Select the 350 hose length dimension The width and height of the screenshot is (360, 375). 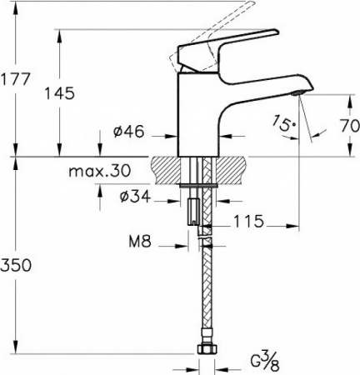pos(17,265)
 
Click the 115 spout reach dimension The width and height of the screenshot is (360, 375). pos(249,222)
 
